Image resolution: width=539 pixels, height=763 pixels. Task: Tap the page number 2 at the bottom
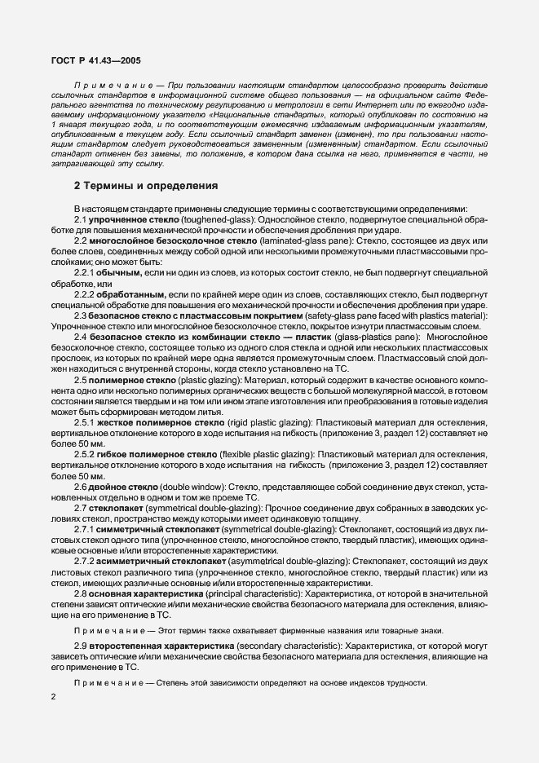click(53, 696)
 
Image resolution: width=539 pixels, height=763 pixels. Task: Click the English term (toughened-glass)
click(213, 220)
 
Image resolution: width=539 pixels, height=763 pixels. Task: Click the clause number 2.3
click(82, 315)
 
